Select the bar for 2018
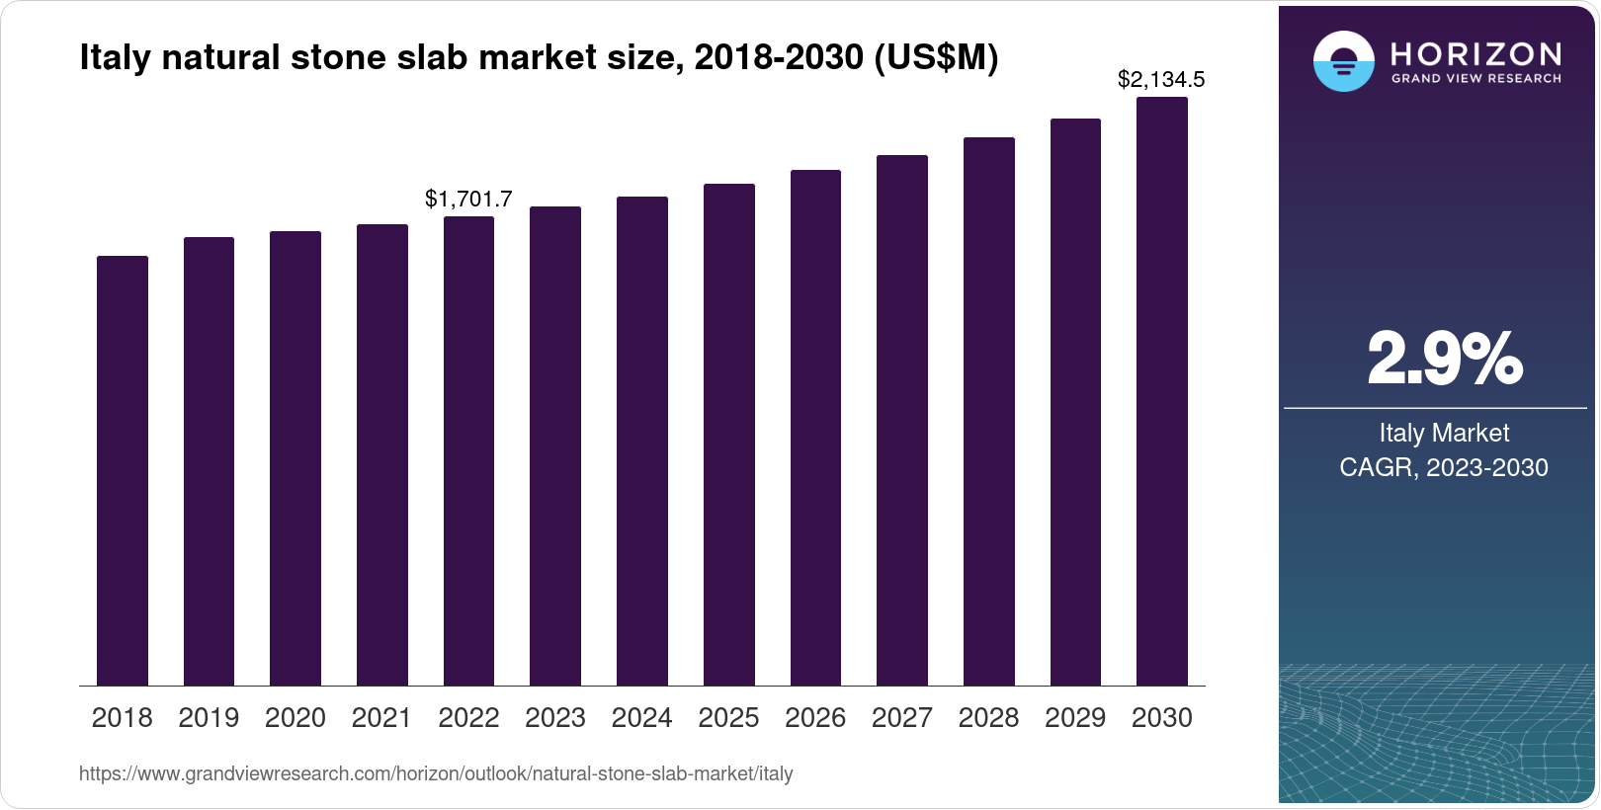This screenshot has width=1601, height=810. click(x=123, y=471)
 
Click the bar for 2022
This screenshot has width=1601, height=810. click(x=468, y=450)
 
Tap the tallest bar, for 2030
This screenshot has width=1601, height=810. click(x=1162, y=391)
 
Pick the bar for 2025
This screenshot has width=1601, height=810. click(x=729, y=435)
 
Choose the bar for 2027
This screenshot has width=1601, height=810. click(x=902, y=421)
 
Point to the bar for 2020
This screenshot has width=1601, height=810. click(x=295, y=458)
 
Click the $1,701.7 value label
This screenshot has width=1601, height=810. click(x=468, y=199)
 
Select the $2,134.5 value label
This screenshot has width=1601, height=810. click(x=1161, y=79)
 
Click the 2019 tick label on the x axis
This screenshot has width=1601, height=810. click(x=209, y=718)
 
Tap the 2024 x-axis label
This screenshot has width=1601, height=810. click(x=641, y=718)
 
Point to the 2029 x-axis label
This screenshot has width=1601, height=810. click(x=1075, y=718)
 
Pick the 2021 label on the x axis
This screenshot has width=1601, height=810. click(x=381, y=718)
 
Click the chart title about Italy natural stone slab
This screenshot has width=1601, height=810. click(x=539, y=57)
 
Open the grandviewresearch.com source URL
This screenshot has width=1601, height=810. click(x=436, y=773)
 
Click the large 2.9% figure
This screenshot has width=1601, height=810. click(x=1445, y=359)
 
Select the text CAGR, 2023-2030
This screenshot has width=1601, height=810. click(x=1444, y=467)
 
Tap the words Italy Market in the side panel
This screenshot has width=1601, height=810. click(x=1444, y=433)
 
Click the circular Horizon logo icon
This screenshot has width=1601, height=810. click(x=1344, y=61)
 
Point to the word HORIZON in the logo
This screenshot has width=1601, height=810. click(x=1475, y=55)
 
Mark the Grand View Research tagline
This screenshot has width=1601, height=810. click(x=1475, y=79)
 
